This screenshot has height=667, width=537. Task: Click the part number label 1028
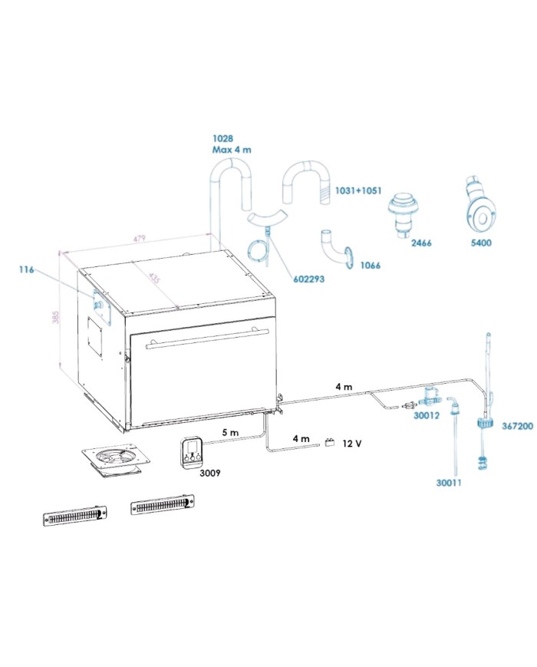(223, 138)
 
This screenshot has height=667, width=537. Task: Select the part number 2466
(422, 243)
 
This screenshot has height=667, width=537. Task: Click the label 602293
(308, 279)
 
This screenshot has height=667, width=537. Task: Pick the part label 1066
(370, 265)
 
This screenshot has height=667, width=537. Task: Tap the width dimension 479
(140, 239)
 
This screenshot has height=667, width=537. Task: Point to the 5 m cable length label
(230, 433)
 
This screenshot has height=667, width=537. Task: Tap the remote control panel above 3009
(192, 451)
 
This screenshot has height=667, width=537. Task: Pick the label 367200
(518, 424)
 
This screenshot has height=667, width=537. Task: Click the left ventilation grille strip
(74, 515)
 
